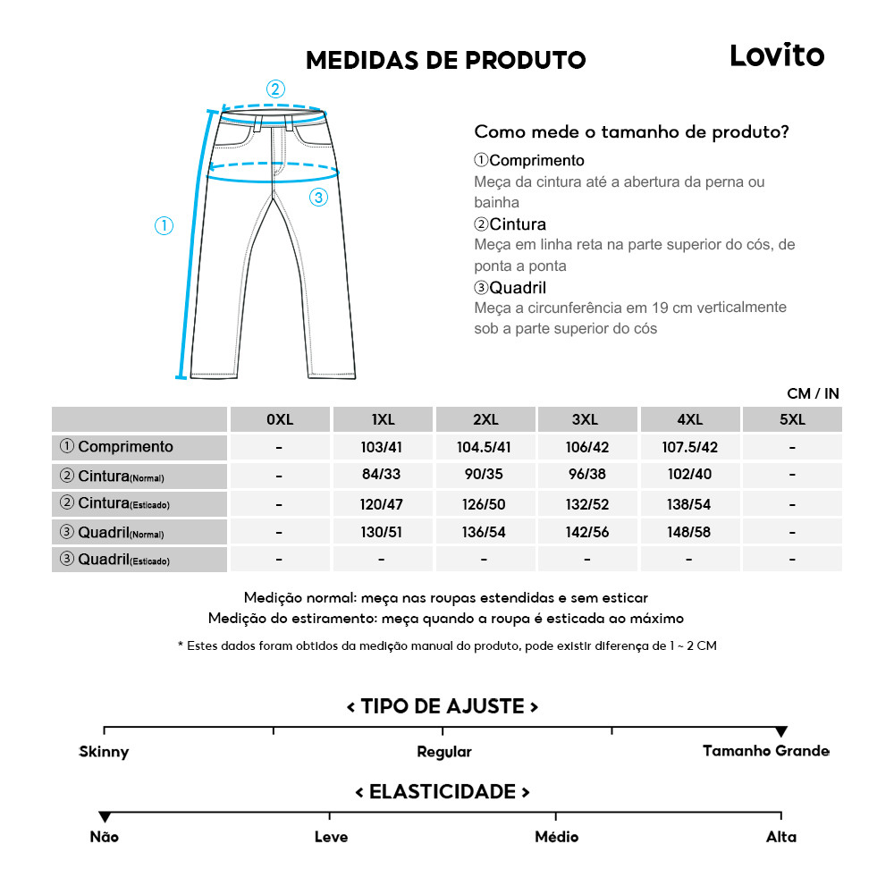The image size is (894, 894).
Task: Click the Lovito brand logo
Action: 776,55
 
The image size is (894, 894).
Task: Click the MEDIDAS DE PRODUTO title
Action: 445,61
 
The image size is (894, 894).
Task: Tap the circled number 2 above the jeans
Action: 275,89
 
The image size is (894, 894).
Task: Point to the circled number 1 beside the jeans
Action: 164,226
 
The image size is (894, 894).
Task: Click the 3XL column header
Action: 586,419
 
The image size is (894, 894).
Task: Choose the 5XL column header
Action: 791,419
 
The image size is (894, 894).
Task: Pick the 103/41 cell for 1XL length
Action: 382,447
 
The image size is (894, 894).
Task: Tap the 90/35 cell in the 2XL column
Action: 485,475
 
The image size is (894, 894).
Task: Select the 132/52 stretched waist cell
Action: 586,504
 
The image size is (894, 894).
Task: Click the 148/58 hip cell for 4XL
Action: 689,532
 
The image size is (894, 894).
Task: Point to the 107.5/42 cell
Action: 689,447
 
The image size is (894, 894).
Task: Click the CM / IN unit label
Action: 813,393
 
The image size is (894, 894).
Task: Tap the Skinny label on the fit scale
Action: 104,752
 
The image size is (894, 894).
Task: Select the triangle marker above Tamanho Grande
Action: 780,732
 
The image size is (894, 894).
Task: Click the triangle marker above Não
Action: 105,817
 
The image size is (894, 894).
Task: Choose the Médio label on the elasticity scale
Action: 556,837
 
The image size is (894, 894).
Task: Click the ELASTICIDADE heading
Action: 443,792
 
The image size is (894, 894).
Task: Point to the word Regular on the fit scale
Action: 443,752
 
